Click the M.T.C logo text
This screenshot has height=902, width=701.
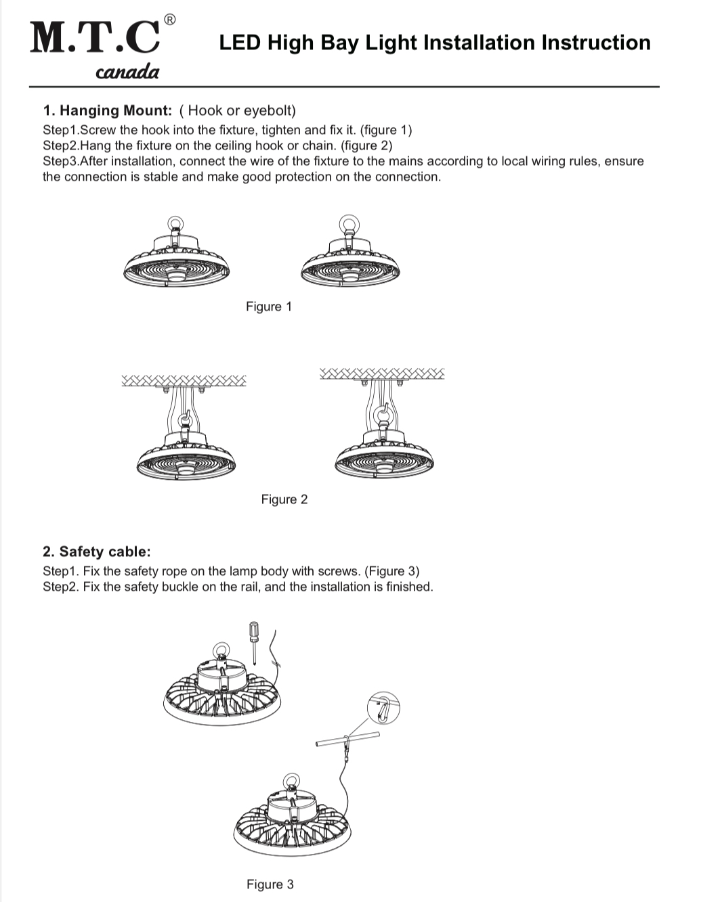click(x=95, y=38)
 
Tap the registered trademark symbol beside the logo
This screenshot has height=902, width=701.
click(x=170, y=20)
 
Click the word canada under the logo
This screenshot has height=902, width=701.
click(x=127, y=72)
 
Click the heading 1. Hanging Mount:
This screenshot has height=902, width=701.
click(x=108, y=110)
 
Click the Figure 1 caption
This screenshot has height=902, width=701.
click(x=269, y=307)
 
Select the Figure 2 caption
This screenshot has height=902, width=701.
click(x=284, y=499)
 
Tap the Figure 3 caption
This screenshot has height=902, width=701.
click(x=270, y=884)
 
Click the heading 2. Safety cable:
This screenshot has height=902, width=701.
click(x=97, y=551)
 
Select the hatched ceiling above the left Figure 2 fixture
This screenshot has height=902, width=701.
click(x=184, y=380)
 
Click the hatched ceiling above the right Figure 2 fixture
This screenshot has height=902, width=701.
click(x=382, y=373)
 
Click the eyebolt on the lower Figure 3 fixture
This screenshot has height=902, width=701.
click(x=292, y=782)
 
